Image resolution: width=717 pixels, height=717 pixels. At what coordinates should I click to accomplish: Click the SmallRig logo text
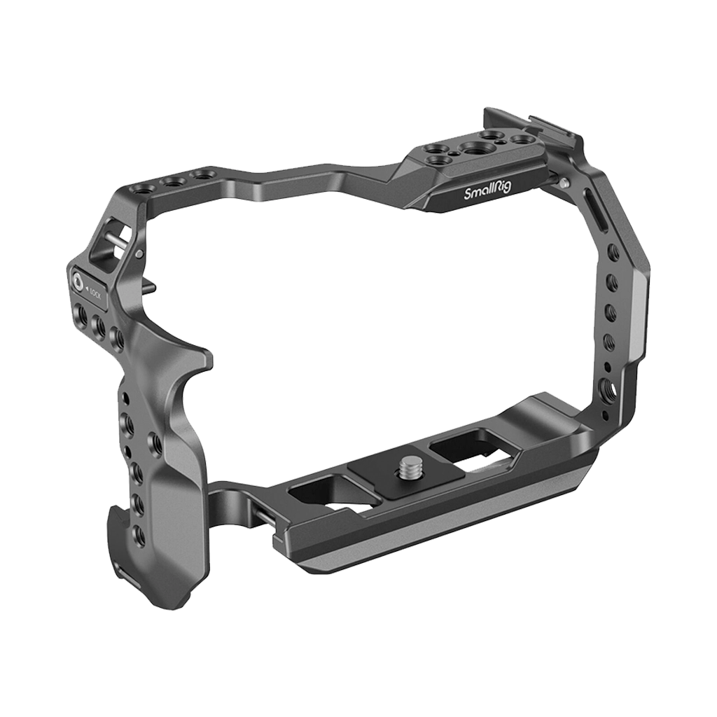[x=488, y=194]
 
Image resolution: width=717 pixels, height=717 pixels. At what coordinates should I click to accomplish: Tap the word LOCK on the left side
[x=95, y=289]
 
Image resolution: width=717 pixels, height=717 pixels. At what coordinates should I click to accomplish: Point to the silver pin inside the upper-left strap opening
[x=118, y=240]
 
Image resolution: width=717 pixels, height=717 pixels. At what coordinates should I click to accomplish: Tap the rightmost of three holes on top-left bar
[x=203, y=174]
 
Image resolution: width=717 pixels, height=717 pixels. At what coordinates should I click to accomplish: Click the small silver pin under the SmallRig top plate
[x=564, y=183]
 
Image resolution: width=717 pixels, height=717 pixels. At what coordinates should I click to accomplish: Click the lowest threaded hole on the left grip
[x=139, y=536]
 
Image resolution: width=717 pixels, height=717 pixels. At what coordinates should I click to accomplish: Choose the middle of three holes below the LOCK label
[x=99, y=326]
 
